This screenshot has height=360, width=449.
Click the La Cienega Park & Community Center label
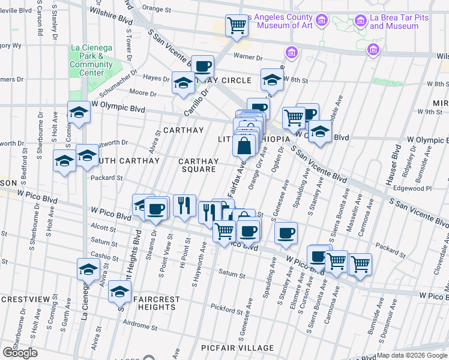tap(91, 60)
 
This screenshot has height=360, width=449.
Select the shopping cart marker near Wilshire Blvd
tap(237, 26)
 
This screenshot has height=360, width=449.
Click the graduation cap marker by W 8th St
tap(271, 80)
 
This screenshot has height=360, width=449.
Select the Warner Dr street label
tap(249, 58)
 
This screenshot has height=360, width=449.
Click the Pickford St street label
tap(225, 308)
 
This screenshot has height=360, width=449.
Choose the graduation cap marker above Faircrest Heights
tap(119, 292)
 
